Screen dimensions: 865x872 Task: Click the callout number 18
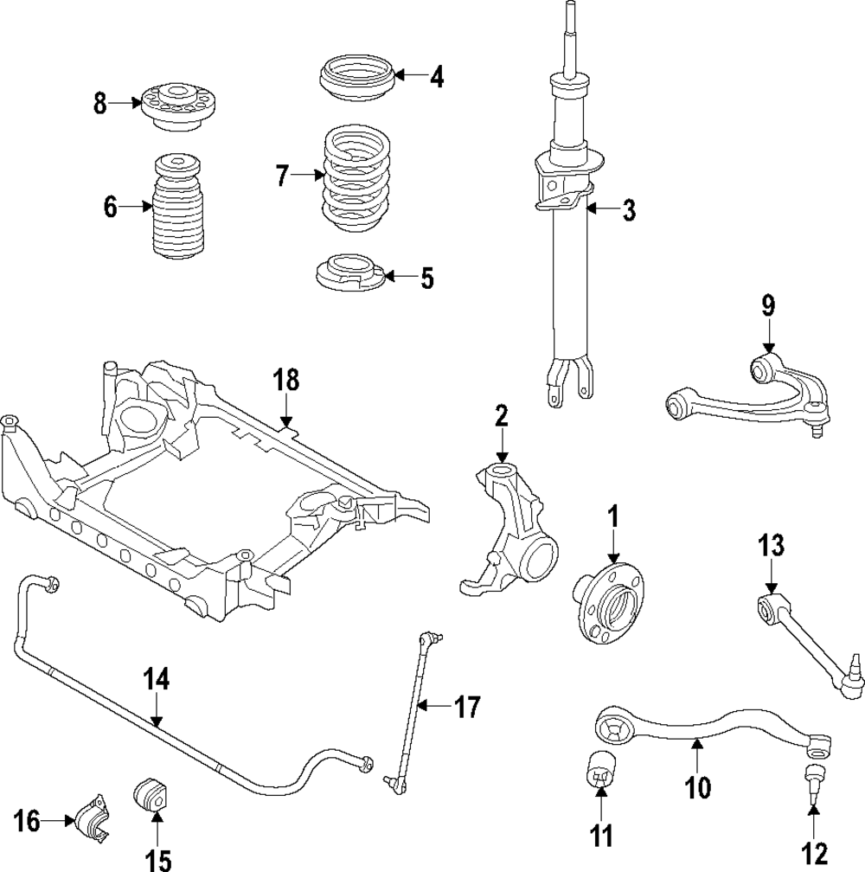click(286, 380)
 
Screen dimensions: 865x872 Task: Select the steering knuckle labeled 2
click(510, 532)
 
